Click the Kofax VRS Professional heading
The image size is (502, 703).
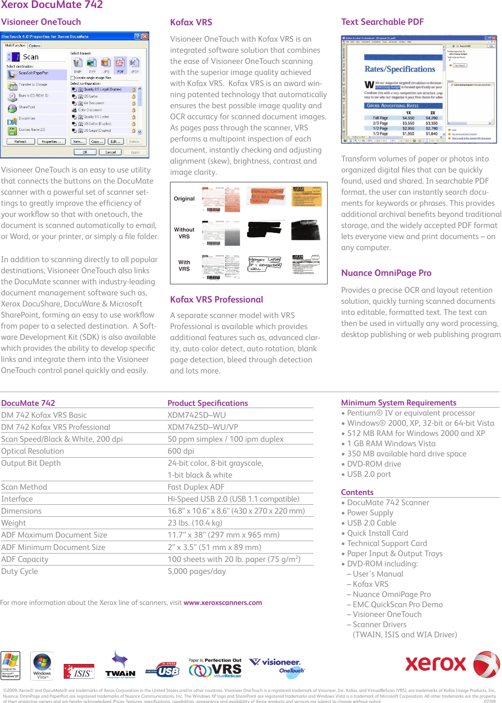pos(217,299)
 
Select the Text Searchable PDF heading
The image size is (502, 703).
pos(382,22)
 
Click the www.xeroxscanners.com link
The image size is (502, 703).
pos(222,603)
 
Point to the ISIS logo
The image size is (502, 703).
pos(79,672)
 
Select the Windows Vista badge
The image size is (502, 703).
pos(42,666)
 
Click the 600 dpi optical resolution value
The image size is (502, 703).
pos(181,451)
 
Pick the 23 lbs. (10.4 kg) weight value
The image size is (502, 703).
pos(195,523)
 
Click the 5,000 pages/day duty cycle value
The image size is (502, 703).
pos(197,571)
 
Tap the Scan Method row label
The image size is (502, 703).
pos(24,487)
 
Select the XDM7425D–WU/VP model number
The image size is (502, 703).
pos(203,427)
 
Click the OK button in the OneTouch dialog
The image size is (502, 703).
pos(85,152)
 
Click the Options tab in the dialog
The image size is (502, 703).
pos(35,46)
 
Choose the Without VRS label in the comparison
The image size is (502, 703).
pos(184,233)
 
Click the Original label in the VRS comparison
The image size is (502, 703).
pos(184,199)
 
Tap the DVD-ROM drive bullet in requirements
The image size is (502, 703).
pos(374,464)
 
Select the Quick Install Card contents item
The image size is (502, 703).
pos(377,533)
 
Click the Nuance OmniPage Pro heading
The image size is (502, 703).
pos(386,273)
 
